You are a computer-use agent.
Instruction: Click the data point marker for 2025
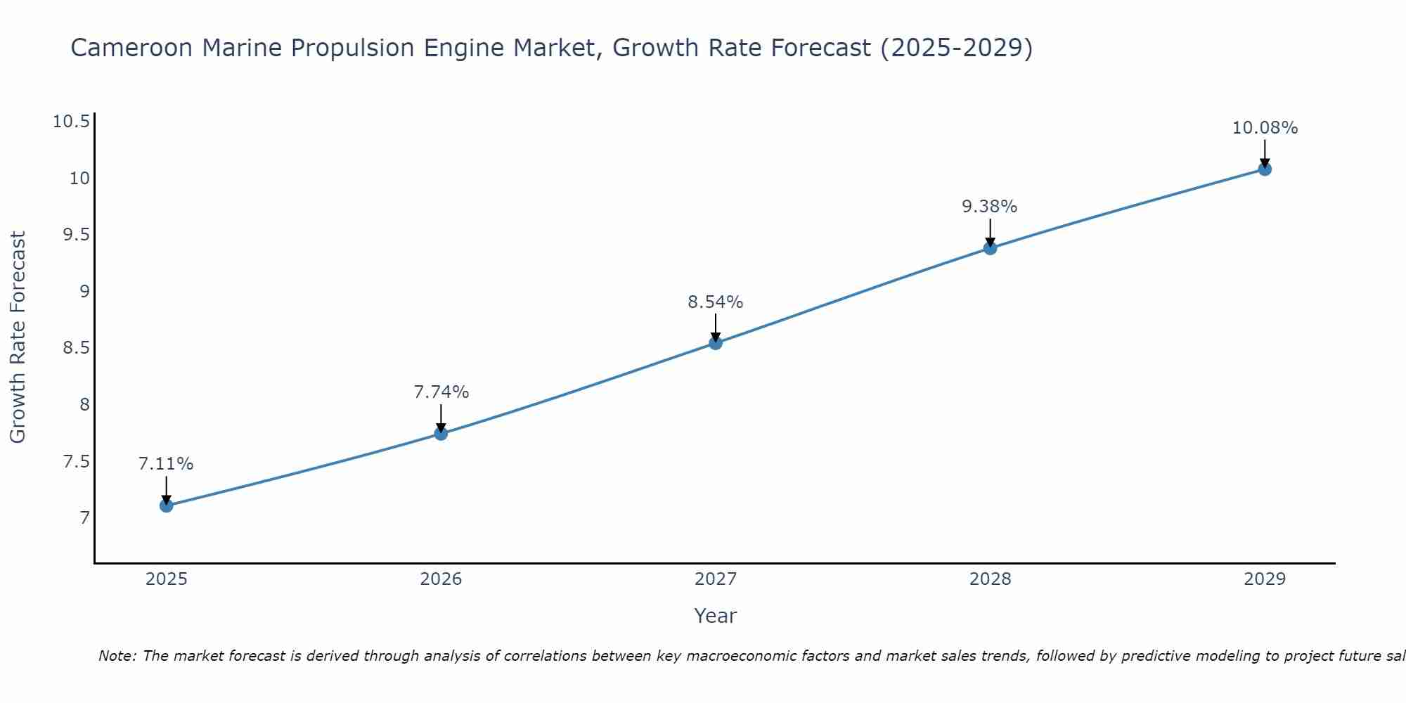pyautogui.click(x=167, y=505)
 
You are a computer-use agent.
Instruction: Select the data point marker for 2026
pyautogui.click(x=441, y=433)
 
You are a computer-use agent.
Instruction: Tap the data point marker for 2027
pyautogui.click(x=716, y=343)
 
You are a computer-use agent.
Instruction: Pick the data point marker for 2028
pyautogui.click(x=990, y=247)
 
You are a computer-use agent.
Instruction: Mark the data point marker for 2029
pyautogui.click(x=1265, y=169)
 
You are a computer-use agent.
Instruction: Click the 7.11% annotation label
pyautogui.click(x=166, y=464)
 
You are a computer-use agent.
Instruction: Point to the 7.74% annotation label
pyautogui.click(x=441, y=392)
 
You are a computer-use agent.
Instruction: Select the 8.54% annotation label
pyautogui.click(x=715, y=302)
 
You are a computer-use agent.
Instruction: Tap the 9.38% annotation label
pyautogui.click(x=989, y=207)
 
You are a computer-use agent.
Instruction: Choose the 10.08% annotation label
pyautogui.click(x=1265, y=128)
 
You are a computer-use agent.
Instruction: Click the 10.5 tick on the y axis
pyautogui.click(x=71, y=122)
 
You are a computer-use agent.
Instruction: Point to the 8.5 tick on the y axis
pyautogui.click(x=77, y=348)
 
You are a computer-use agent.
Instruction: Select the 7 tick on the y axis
pyautogui.click(x=85, y=518)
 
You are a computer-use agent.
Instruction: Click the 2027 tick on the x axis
pyautogui.click(x=716, y=579)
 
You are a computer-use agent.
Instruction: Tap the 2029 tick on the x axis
pyautogui.click(x=1265, y=579)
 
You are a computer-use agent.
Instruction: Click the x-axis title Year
pyautogui.click(x=715, y=616)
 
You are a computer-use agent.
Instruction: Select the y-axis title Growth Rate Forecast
pyautogui.click(x=18, y=337)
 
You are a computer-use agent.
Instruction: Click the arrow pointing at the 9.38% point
pyautogui.click(x=990, y=232)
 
